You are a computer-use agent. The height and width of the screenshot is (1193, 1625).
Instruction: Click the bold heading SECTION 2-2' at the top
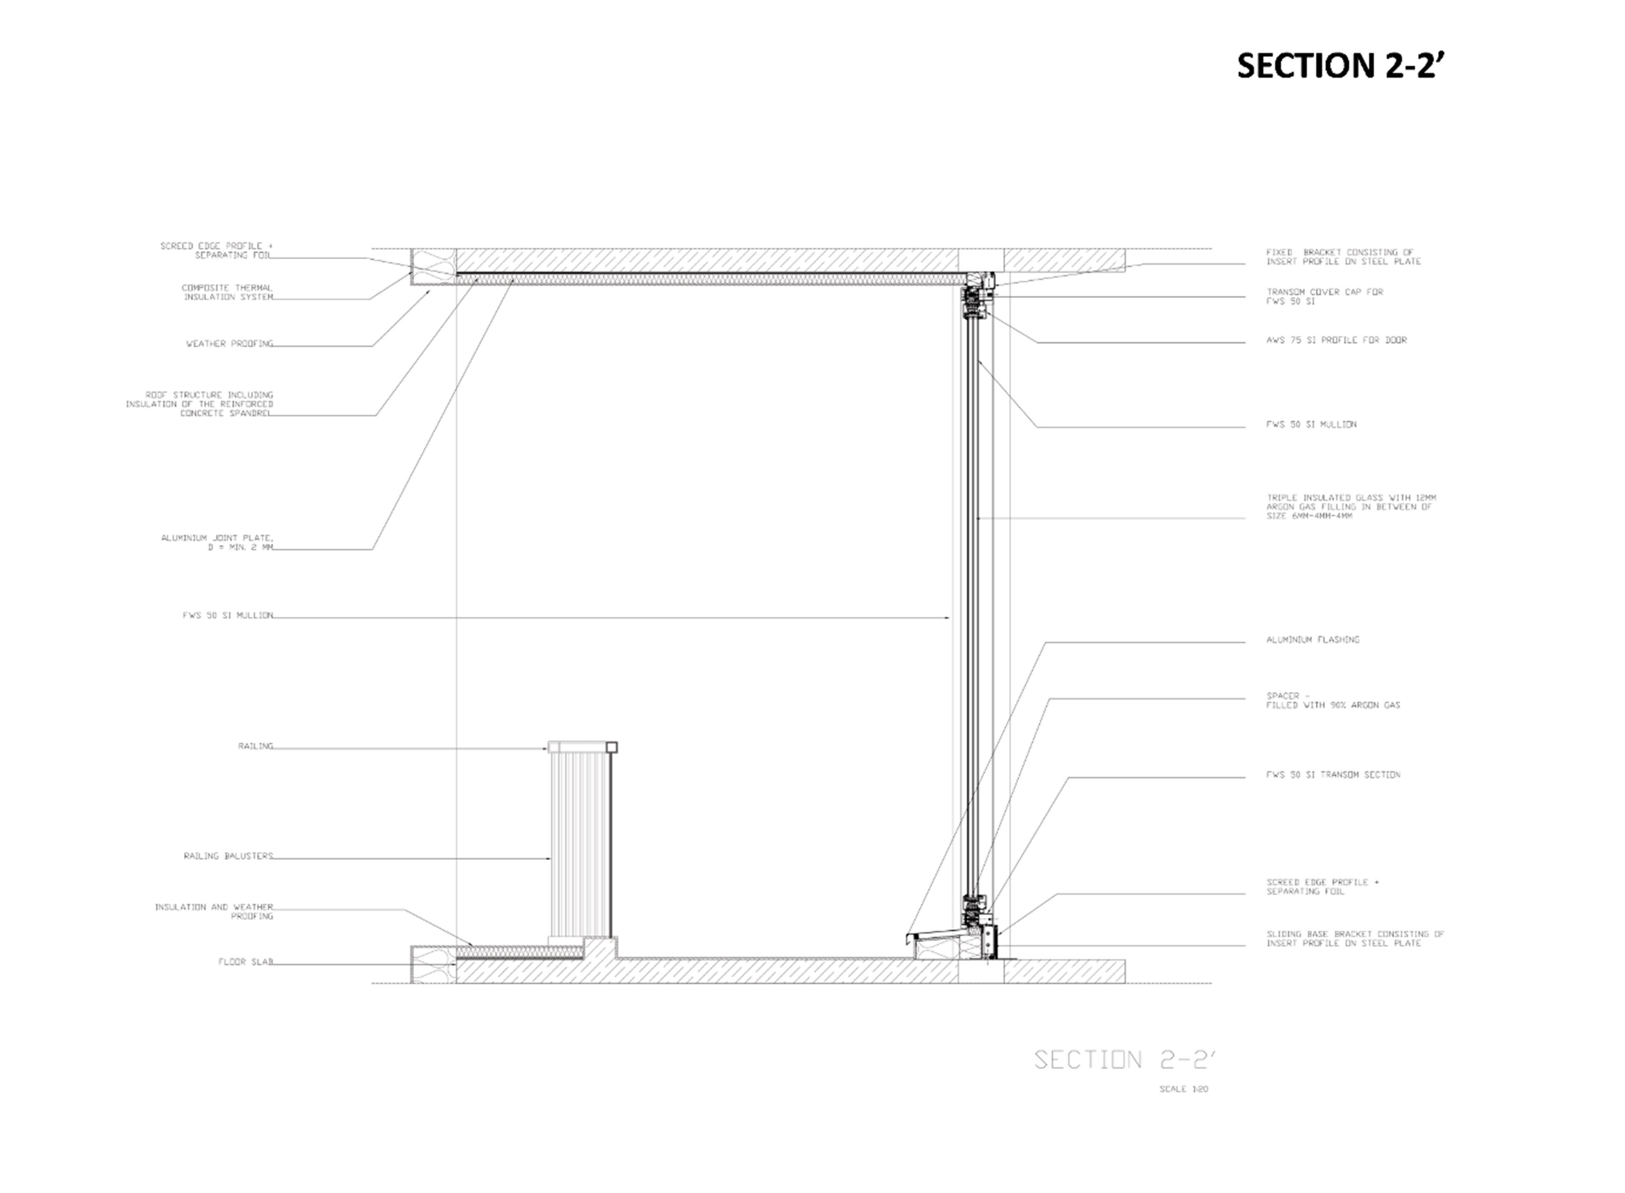tap(1340, 66)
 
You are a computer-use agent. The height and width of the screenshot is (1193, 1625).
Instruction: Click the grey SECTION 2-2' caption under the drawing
tap(1125, 1060)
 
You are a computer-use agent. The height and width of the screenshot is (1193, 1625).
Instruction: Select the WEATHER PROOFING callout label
tap(230, 344)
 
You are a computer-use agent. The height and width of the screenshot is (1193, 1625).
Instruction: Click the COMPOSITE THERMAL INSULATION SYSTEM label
tap(227, 292)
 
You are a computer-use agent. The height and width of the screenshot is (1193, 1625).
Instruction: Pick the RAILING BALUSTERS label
tap(228, 856)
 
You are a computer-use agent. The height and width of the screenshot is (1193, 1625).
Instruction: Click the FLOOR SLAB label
tap(245, 961)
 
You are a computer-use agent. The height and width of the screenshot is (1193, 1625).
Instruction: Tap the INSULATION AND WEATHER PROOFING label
tap(215, 911)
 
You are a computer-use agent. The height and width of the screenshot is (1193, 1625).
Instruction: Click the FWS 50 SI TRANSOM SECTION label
tap(1333, 775)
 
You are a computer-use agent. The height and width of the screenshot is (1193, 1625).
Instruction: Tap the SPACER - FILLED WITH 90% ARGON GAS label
tap(1333, 700)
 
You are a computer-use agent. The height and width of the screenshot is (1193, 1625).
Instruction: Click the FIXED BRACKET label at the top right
tap(1343, 257)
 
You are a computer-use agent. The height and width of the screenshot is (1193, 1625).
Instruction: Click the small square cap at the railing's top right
tap(612, 747)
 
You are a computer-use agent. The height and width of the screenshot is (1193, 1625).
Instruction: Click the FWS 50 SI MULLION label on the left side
tap(227, 615)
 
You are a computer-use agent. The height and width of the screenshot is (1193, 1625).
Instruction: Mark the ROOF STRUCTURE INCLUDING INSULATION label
tap(200, 404)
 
